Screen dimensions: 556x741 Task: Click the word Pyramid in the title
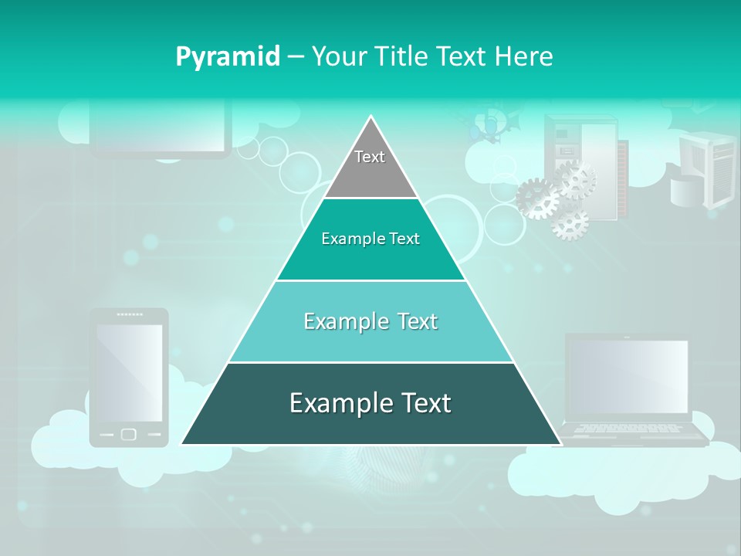[228, 56]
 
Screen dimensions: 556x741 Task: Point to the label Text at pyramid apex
[370, 157]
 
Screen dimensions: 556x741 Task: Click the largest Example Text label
[370, 403]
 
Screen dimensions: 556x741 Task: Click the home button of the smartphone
[129, 434]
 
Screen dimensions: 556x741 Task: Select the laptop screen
[627, 376]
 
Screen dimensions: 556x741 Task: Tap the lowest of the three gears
[570, 223]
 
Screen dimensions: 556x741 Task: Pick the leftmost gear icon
[537, 198]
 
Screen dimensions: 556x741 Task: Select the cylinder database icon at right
[687, 190]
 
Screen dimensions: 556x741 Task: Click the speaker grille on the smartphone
[129, 314]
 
